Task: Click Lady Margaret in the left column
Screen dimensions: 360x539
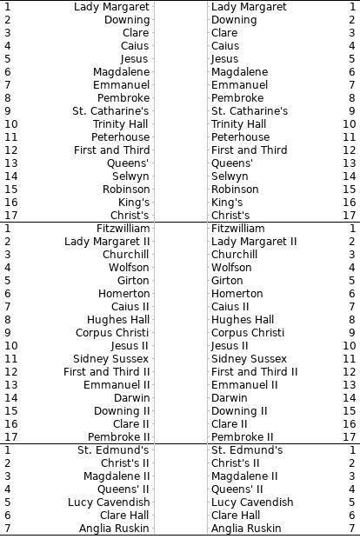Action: coord(111,7)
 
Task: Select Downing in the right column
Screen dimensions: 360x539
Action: coord(234,20)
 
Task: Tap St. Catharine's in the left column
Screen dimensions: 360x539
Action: coord(110,111)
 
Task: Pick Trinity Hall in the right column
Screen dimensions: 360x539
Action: coord(240,124)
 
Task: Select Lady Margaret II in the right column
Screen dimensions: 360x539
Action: coord(254,242)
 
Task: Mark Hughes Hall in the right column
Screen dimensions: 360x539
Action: coord(243,320)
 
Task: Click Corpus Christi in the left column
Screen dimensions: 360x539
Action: coord(111,333)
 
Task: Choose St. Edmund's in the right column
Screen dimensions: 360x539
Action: coord(247,450)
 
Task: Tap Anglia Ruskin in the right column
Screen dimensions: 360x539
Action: coord(246,529)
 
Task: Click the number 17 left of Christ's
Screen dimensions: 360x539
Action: coord(10,216)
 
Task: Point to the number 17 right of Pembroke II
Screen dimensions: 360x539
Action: coord(350,437)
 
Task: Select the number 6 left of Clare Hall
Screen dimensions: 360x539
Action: coord(7,516)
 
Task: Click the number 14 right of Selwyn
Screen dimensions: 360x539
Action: coord(350,176)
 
